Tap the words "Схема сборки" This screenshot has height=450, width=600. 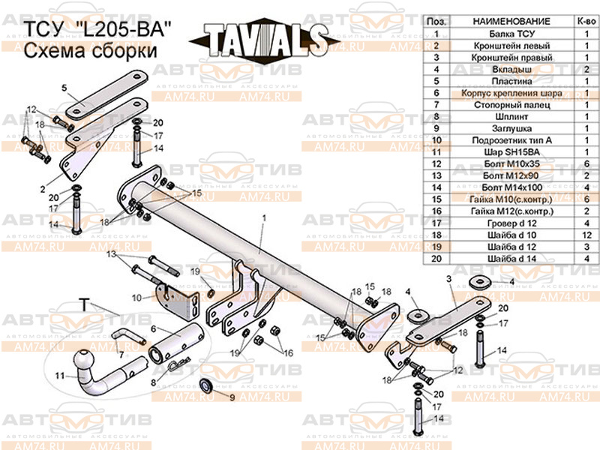pos(91,51)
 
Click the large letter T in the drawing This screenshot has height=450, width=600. pos(85,304)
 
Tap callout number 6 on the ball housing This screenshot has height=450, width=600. pos(154,328)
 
